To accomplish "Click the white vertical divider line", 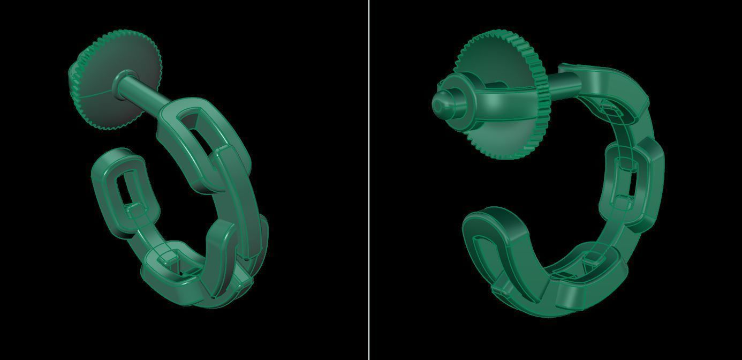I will pyautogui.click(x=369, y=180).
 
